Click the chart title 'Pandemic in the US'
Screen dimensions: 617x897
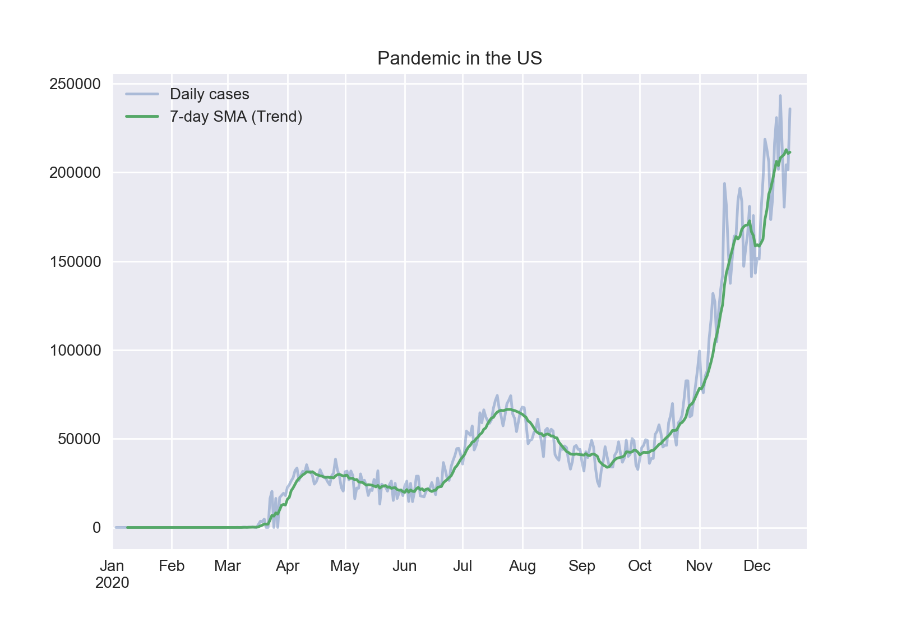pos(459,58)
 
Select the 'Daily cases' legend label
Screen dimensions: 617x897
pos(209,94)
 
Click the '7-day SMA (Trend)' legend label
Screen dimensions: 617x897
pos(236,117)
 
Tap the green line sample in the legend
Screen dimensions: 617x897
pos(142,117)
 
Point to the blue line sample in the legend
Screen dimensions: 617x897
pos(142,94)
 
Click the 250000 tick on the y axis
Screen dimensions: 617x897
pos(75,84)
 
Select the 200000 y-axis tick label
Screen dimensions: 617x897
pos(75,173)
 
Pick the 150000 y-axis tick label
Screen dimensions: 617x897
pos(75,262)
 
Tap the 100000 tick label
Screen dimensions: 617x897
pos(75,351)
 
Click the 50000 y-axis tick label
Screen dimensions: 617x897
pos(79,439)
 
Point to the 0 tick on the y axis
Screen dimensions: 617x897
pos(96,528)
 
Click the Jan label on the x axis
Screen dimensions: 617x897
pos(113,566)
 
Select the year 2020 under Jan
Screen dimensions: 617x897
pos(113,583)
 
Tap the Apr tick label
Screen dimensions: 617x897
pos(288,566)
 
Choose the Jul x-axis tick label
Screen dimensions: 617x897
pos(463,566)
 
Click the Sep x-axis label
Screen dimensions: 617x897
pos(582,566)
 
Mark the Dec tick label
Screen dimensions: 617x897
pos(757,566)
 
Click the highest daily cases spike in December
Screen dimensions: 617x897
pos(780,96)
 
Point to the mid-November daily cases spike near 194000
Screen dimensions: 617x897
pos(724,183)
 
